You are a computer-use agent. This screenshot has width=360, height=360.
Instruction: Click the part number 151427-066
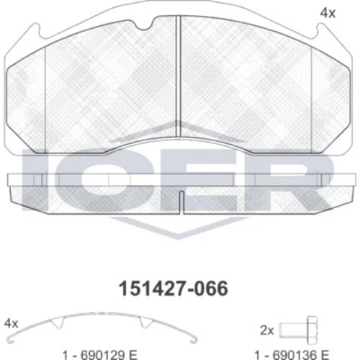(x=174, y=289)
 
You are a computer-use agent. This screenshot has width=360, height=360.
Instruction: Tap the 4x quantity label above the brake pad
(x=328, y=13)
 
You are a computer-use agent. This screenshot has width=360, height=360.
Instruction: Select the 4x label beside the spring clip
(x=11, y=324)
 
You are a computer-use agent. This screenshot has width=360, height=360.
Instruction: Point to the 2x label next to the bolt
(x=267, y=330)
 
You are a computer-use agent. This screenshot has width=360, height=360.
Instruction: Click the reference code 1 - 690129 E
(x=99, y=355)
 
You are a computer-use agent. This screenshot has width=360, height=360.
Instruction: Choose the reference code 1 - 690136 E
(x=292, y=355)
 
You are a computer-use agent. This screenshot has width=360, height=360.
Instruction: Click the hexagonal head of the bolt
(x=312, y=330)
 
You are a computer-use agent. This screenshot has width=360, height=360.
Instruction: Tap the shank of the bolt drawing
(x=293, y=330)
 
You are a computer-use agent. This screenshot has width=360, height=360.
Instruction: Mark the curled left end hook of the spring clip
(x=10, y=341)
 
